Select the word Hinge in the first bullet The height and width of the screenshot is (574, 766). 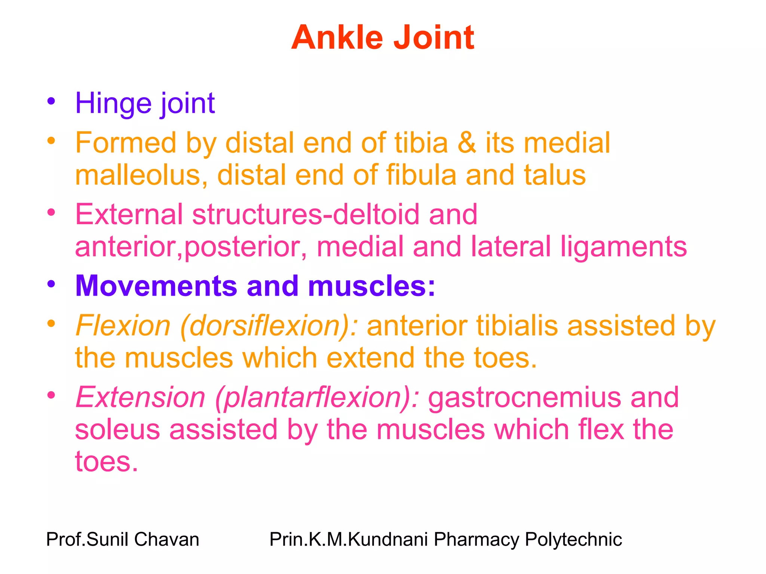pos(113,103)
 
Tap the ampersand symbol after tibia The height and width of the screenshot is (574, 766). pos(467,143)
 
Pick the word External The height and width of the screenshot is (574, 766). pos(129,214)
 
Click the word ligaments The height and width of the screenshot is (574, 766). pos(623,247)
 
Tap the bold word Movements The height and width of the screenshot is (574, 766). pos(156,286)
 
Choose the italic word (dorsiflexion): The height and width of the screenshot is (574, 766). pos(269,325)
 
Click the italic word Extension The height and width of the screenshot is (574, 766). pos(141,397)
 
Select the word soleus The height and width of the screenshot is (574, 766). pos(117,429)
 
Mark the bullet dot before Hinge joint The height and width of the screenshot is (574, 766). pos(51,101)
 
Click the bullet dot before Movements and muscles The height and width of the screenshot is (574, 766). pos(51,284)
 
